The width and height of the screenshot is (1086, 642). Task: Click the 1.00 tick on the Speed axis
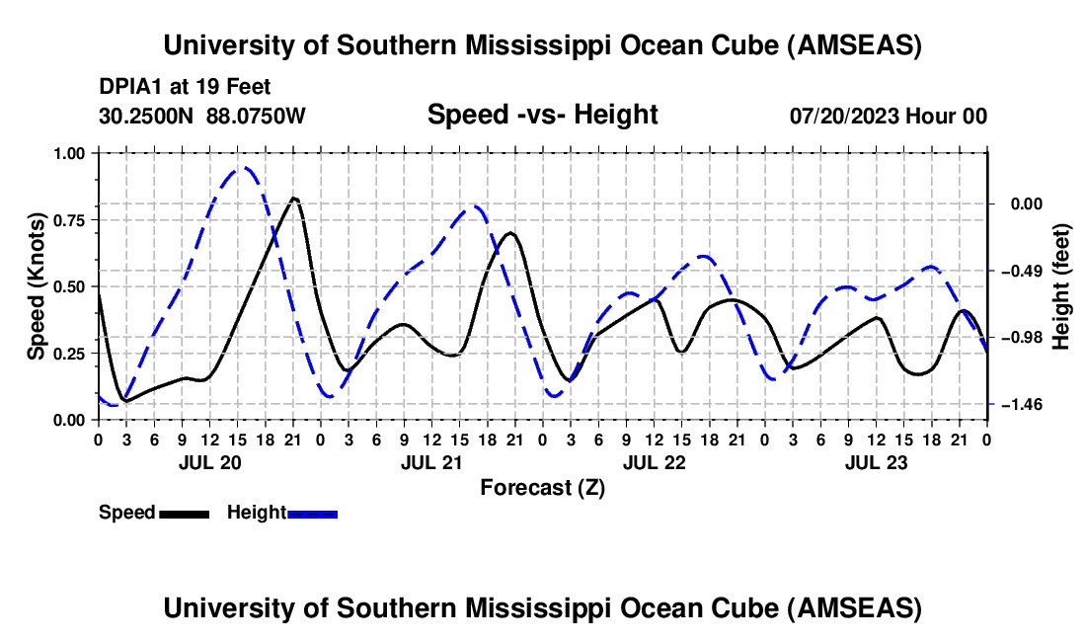point(68,153)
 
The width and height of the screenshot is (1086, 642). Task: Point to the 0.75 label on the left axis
point(68,220)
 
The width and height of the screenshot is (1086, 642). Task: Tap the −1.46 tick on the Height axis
point(1021,404)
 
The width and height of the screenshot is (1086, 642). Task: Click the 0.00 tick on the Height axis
point(1027,203)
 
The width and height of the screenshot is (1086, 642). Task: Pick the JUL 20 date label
point(210,462)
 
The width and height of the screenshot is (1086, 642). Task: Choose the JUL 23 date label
point(876,462)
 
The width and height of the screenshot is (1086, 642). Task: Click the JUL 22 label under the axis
point(654,462)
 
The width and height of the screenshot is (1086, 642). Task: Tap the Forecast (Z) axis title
point(542,488)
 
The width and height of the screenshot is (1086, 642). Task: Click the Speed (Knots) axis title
point(36,286)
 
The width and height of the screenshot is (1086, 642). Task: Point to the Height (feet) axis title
point(1060,286)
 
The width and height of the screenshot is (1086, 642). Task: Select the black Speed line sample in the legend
point(185,514)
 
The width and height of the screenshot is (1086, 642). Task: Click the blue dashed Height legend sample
point(312,514)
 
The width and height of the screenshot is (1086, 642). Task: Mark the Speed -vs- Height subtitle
point(542,115)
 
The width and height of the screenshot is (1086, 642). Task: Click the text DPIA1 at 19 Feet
point(185,87)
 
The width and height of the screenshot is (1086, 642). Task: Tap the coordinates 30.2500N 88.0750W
point(201,116)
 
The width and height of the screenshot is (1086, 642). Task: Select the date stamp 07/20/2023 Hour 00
point(888,116)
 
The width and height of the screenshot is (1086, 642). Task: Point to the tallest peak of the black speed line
point(293,199)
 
